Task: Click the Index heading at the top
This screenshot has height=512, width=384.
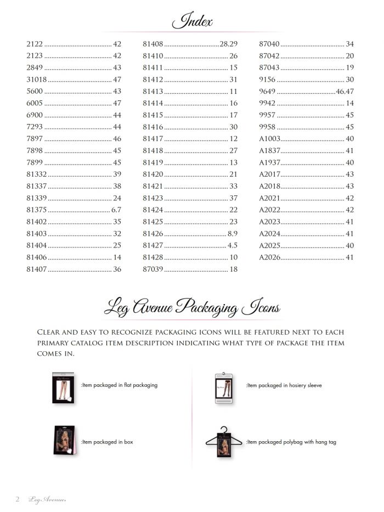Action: click(x=192, y=21)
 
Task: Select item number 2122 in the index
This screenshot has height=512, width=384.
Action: click(x=35, y=44)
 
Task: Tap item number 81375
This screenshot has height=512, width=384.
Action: click(x=37, y=210)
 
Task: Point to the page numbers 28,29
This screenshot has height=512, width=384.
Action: click(x=228, y=44)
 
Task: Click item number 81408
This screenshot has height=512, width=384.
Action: click(x=153, y=44)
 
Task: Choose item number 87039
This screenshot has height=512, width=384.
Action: click(x=153, y=269)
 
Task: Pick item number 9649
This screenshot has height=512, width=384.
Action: click(x=267, y=91)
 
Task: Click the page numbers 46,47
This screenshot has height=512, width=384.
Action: click(x=345, y=91)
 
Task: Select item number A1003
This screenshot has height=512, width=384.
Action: click(x=270, y=139)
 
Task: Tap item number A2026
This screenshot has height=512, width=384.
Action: click(x=270, y=257)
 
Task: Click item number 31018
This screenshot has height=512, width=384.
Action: click(x=37, y=80)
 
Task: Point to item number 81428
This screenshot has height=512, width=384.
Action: click(x=153, y=257)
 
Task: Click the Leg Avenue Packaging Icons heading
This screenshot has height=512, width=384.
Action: click(x=192, y=308)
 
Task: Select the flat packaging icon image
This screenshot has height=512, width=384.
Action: click(x=64, y=387)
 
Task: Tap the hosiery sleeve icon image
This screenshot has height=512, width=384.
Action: click(x=223, y=387)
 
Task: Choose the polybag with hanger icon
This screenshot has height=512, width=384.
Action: click(x=224, y=442)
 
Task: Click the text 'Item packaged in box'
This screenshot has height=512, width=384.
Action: click(x=107, y=442)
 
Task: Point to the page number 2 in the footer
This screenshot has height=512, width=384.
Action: click(x=18, y=499)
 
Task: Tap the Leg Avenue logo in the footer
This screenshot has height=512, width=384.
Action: click(x=47, y=499)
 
